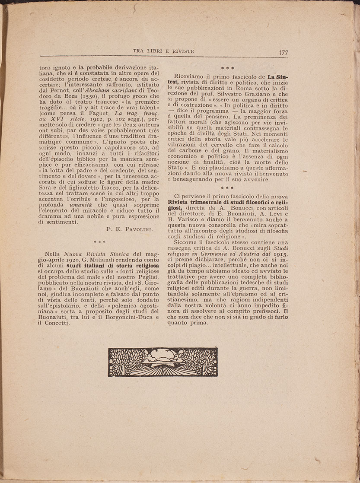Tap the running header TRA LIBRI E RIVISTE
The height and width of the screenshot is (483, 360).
click(164, 51)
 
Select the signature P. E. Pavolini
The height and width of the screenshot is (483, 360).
click(129, 230)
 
